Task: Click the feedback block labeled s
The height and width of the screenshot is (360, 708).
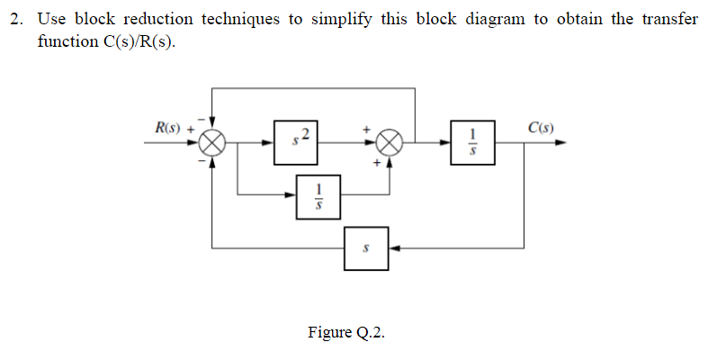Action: (365, 247)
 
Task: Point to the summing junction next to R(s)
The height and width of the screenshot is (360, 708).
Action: (212, 142)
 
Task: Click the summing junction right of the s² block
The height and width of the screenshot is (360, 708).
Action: (389, 142)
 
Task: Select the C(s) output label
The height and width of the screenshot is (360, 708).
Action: (540, 128)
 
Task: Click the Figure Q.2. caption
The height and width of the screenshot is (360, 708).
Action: (345, 333)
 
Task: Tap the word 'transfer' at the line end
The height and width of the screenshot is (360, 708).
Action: (670, 20)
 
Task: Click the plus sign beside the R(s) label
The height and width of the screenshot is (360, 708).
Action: (191, 129)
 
